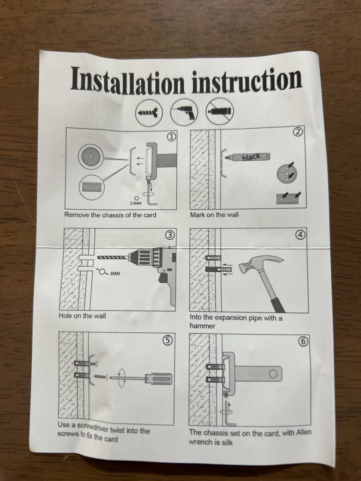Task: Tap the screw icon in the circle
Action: coord(149,113)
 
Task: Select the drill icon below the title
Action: coord(184,112)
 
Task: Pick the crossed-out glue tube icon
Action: coord(220,111)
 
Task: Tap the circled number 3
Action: coord(171,235)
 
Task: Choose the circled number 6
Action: coord(304,342)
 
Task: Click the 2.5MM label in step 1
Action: coord(136,203)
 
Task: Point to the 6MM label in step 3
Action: coord(115,273)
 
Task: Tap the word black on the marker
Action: coord(251,156)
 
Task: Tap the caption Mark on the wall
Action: coord(214,215)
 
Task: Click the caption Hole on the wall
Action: coord(82,316)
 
